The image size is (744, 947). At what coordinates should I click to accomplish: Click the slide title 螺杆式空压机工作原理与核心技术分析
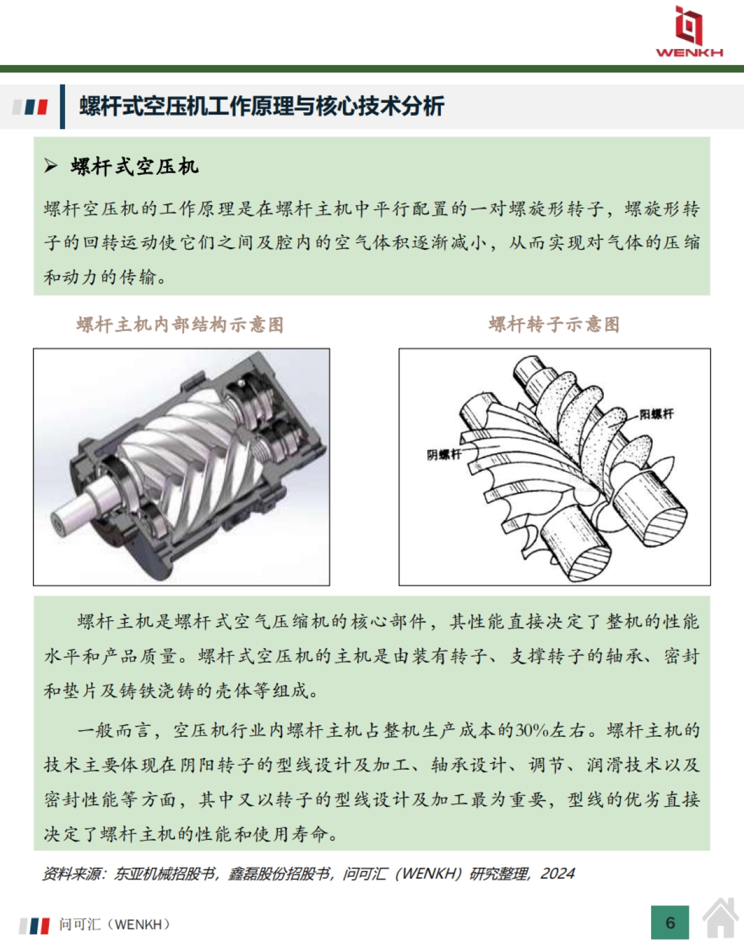(x=261, y=106)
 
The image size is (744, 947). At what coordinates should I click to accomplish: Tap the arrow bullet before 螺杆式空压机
(x=51, y=165)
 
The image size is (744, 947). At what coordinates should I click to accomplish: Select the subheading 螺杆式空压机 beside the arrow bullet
(x=135, y=166)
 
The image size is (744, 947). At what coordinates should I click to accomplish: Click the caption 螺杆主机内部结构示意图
(x=180, y=324)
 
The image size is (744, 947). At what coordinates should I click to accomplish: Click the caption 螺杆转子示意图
(x=554, y=324)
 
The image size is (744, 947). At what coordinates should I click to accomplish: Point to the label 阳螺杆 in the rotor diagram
(x=656, y=413)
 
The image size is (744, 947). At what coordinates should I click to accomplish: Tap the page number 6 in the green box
(x=670, y=923)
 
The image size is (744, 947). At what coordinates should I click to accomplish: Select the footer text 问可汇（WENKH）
(x=115, y=924)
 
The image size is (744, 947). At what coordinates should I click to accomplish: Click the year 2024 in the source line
(x=557, y=873)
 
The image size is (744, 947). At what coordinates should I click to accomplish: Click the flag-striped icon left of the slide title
(x=31, y=107)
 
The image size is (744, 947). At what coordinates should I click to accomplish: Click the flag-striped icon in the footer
(x=34, y=925)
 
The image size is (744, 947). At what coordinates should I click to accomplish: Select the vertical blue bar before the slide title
(x=62, y=107)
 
